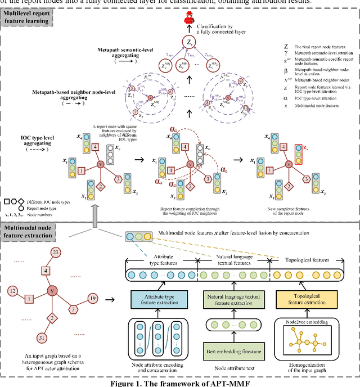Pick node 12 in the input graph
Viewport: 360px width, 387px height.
12,291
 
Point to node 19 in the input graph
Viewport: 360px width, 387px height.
93,298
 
